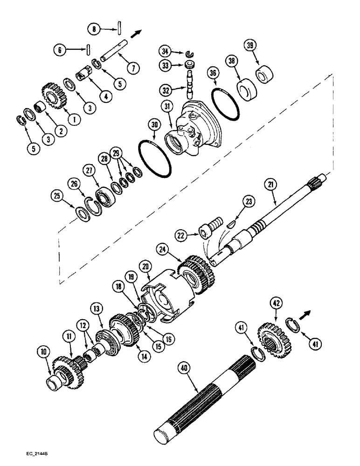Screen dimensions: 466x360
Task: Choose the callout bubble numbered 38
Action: click(232, 61)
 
